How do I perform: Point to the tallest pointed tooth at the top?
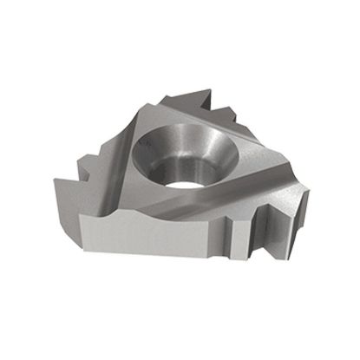point(202,92)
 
